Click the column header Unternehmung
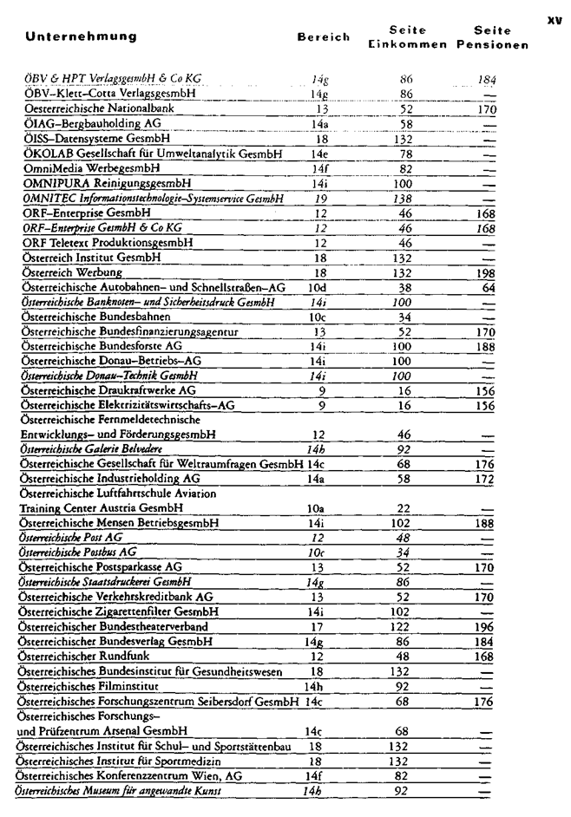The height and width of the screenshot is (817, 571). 82,37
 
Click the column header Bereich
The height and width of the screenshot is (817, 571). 324,37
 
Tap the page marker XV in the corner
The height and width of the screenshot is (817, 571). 555,15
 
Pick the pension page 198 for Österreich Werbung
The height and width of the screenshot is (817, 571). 485,272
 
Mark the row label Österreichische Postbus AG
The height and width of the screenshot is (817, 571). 77,552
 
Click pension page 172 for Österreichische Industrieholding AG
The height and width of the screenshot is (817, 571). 485,478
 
